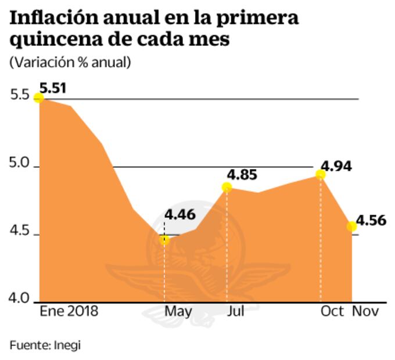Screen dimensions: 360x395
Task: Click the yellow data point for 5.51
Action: coord(39,98)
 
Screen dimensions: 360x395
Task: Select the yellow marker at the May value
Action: coord(165,240)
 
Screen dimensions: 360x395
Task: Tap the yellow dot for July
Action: coord(227,187)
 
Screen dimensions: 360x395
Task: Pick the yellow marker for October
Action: coord(321,174)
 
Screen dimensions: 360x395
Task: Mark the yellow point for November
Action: coord(352,226)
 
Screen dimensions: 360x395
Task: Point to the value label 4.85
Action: coord(242,174)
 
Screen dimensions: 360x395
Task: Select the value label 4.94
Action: coord(337,165)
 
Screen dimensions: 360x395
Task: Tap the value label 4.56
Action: coord(371,221)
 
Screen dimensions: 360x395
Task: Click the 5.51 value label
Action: coord(53,88)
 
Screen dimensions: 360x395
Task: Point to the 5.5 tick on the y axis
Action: coord(20,95)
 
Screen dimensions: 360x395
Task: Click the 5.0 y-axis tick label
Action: coord(20,164)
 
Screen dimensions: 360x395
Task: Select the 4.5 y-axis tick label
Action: coord(20,232)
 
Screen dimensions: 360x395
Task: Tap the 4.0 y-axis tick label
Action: coord(20,298)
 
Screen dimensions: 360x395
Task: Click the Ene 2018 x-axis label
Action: coord(69,312)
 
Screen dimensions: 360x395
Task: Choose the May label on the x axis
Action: coord(178,312)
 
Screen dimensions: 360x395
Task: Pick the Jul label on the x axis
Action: coord(235,312)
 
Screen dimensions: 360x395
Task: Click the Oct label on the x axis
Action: coord(332,312)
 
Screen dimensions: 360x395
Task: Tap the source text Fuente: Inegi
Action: coord(45,345)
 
